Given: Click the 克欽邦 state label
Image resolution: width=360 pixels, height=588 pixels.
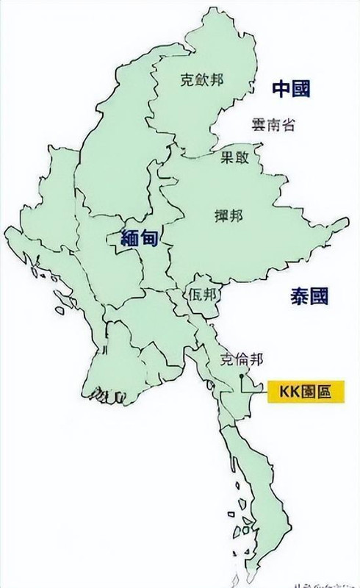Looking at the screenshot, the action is pos(202,82).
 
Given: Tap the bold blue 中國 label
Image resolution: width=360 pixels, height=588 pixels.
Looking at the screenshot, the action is pos(291,90).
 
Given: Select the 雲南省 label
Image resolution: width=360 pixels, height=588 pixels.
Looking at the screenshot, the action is pos(272,126).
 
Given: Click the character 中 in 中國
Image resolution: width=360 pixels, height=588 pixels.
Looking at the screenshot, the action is pos(281,90).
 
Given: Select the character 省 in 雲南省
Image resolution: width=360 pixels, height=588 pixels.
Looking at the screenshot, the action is pos(288,126).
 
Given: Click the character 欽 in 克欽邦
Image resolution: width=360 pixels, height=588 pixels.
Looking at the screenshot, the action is pos(202,82).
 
